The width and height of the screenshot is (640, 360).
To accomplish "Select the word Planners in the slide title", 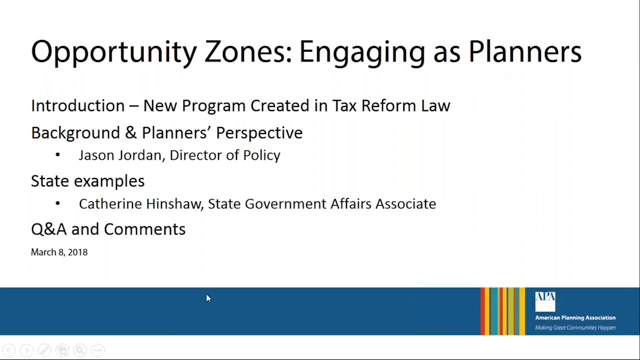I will [524, 52].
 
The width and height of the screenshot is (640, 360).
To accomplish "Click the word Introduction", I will [77, 105].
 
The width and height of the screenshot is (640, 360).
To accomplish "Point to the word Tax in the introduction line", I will [344, 105].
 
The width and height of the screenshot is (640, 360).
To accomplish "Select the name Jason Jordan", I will [120, 155].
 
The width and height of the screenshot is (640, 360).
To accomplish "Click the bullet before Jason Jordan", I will [58, 155].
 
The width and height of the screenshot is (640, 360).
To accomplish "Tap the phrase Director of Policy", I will [225, 155].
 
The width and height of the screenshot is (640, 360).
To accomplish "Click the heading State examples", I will [87, 181].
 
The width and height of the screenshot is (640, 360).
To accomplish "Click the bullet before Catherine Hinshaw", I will [58, 203].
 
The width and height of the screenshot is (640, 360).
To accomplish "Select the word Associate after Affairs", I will [405, 204].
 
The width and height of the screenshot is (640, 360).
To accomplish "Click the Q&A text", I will [48, 229].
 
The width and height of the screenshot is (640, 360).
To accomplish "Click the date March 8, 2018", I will [59, 252].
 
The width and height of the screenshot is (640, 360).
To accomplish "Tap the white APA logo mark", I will [545, 301].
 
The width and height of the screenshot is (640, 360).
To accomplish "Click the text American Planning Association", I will [575, 317].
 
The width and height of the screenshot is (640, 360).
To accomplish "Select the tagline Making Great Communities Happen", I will [575, 328].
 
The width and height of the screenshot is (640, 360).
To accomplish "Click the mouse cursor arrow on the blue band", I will [208, 298].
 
